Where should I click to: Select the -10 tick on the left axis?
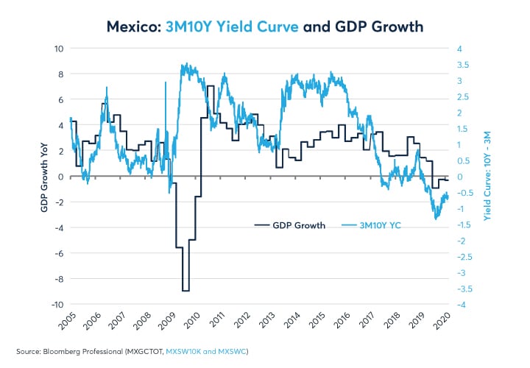pyautogui.click(x=56, y=305)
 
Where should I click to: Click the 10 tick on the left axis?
pyautogui.click(x=59, y=49)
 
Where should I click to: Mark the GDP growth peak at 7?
pyautogui.click(x=211, y=87)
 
